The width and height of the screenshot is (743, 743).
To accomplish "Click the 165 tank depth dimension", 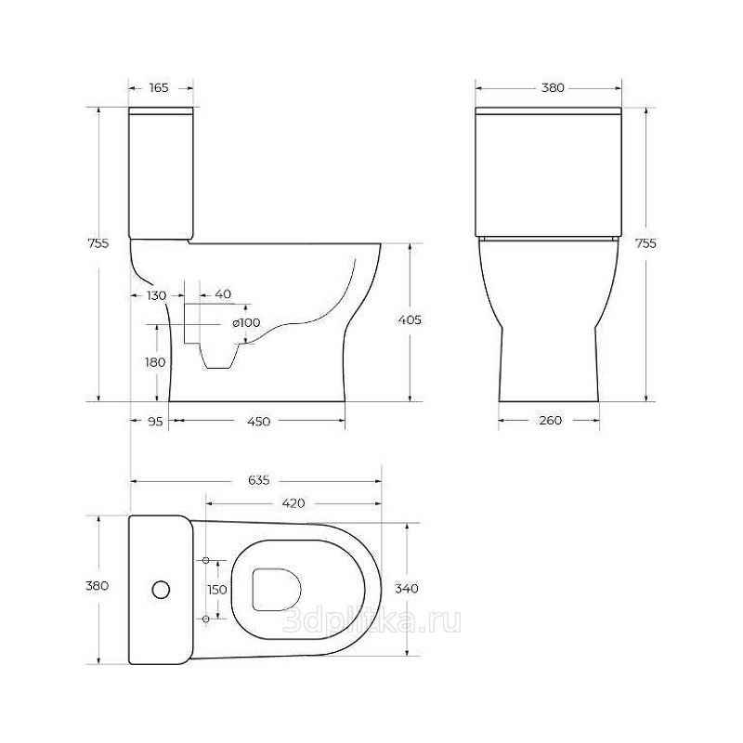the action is point(159,87).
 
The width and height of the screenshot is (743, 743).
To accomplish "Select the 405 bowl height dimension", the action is point(410,319).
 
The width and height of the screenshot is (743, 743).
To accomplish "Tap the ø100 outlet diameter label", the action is point(246,322).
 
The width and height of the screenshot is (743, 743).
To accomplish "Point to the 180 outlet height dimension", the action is point(155,362).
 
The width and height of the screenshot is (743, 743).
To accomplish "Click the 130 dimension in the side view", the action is point(156,295).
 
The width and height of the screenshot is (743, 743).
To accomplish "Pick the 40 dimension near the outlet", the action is point(223,293).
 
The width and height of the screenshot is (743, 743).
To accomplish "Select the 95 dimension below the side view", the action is point(155,421).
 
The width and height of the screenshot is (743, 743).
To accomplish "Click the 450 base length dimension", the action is point(259,421).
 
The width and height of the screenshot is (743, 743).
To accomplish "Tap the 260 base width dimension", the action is point(550,420).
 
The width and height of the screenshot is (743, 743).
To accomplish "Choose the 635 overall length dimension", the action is point(259,480).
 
